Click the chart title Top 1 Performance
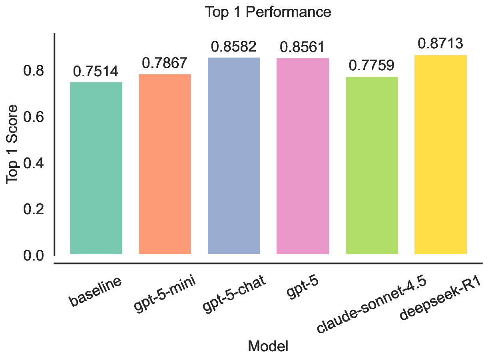[x=268, y=12]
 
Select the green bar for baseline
[x=96, y=168]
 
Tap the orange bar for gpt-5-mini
[x=165, y=164]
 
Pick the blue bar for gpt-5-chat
[x=234, y=156]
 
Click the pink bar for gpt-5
[x=303, y=156]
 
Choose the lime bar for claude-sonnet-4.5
[x=372, y=165]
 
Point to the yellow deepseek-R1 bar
[x=440, y=154]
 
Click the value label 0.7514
[x=96, y=72]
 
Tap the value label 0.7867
[x=165, y=63]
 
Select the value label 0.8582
[x=234, y=47]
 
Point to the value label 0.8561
[x=303, y=47]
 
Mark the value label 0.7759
[x=372, y=66]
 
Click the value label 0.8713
[x=440, y=44]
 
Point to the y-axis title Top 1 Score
[x=13, y=144]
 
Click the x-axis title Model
[x=268, y=346]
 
